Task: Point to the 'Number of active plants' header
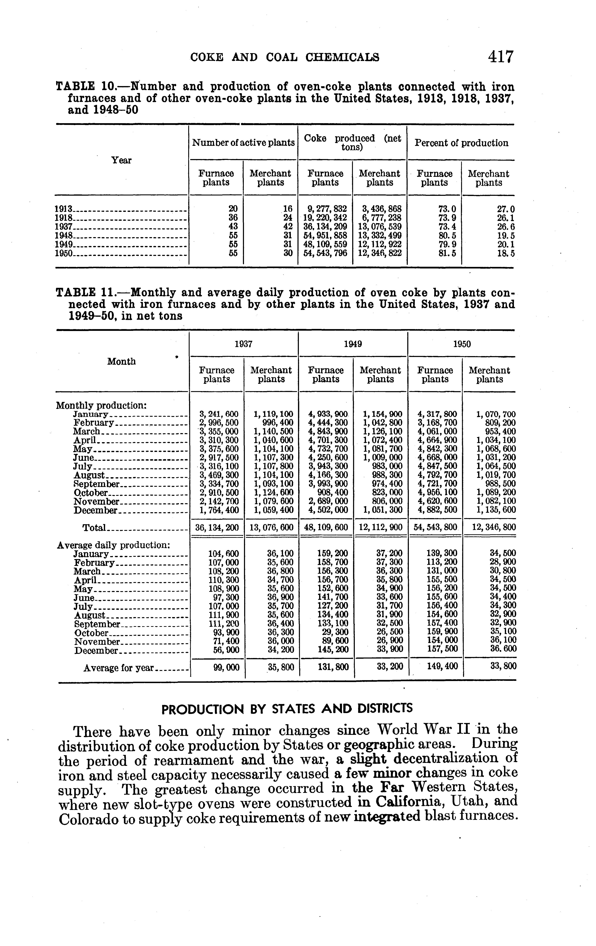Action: point(243,143)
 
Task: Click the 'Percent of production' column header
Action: point(461,143)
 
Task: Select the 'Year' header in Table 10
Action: point(121,160)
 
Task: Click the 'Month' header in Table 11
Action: point(121,362)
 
